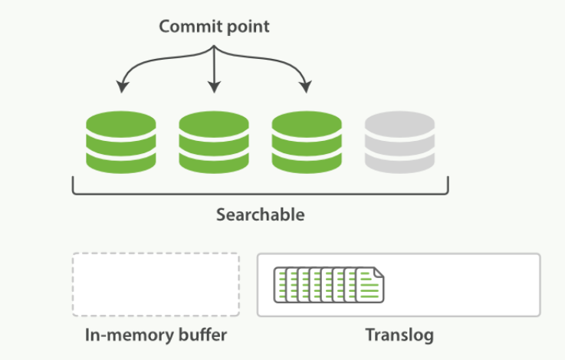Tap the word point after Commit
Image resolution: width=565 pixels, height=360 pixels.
click(x=247, y=26)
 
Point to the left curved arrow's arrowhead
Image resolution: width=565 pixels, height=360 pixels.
click(x=120, y=88)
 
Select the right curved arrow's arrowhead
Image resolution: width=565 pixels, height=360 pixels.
click(x=307, y=88)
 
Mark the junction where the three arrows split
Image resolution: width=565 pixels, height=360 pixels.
click(x=214, y=47)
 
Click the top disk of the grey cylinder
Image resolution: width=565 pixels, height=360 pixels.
click(x=399, y=123)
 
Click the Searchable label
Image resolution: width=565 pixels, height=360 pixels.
click(x=260, y=214)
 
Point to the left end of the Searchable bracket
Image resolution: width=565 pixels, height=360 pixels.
click(x=74, y=184)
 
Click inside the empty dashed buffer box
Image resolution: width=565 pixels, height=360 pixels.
click(x=156, y=284)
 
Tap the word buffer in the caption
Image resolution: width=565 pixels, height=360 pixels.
click(x=203, y=335)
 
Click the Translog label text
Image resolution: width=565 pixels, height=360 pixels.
click(x=399, y=335)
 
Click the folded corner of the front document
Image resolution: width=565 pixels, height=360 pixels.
click(x=379, y=271)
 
